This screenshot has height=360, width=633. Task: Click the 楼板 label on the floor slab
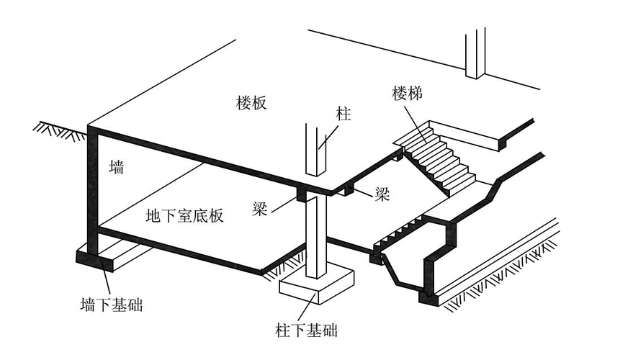tap(251, 102)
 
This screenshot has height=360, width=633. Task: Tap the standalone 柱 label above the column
tap(343, 114)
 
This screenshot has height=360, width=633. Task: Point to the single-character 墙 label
tap(116, 168)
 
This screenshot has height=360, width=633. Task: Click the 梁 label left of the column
tap(261, 207)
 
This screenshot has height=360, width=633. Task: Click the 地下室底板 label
tap(184, 215)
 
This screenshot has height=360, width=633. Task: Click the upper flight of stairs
tap(439, 158)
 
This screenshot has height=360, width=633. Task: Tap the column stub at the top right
tap(475, 54)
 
